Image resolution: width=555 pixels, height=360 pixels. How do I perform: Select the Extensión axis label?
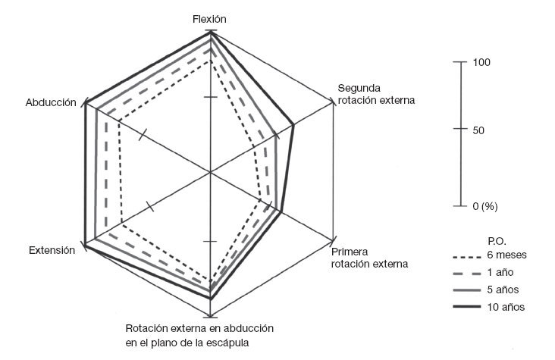click(x=51, y=251)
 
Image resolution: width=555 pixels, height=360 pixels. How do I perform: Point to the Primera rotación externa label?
click(x=369, y=258)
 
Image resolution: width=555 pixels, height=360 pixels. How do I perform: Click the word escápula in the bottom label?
click(x=228, y=342)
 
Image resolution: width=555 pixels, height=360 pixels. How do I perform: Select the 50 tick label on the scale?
click(x=479, y=130)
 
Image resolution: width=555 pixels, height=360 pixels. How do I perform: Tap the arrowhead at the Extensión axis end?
click(x=85, y=246)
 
